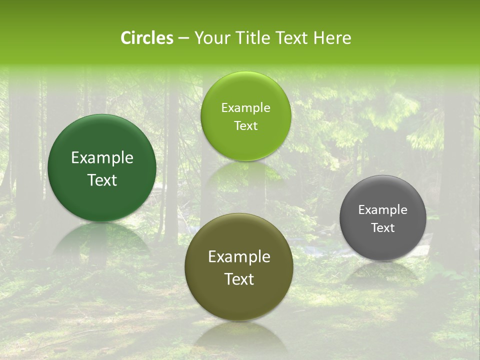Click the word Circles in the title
coord(147,38)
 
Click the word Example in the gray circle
coord(383,210)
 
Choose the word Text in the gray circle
coord(383,228)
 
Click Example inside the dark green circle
coord(102,158)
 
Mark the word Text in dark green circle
coord(102,180)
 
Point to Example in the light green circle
coord(245,108)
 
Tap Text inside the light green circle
coord(245,126)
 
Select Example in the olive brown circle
coord(239,257)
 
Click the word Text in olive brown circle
coord(239,279)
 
